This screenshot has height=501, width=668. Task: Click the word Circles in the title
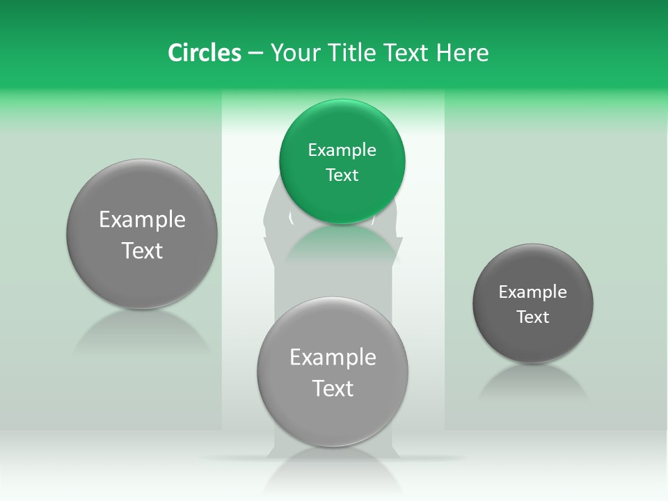click(x=205, y=53)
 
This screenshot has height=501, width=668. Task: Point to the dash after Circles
click(x=255, y=54)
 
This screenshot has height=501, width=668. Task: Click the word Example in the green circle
click(x=342, y=150)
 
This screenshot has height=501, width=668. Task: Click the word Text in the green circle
click(x=342, y=175)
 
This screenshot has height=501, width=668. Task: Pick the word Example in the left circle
click(x=142, y=220)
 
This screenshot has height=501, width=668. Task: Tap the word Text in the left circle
click(x=142, y=250)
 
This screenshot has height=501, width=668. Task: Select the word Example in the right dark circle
click(x=533, y=292)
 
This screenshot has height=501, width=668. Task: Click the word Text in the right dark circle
click(x=533, y=317)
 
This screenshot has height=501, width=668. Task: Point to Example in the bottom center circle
click(x=333, y=357)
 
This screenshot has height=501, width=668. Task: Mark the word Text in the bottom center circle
click(x=333, y=388)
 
